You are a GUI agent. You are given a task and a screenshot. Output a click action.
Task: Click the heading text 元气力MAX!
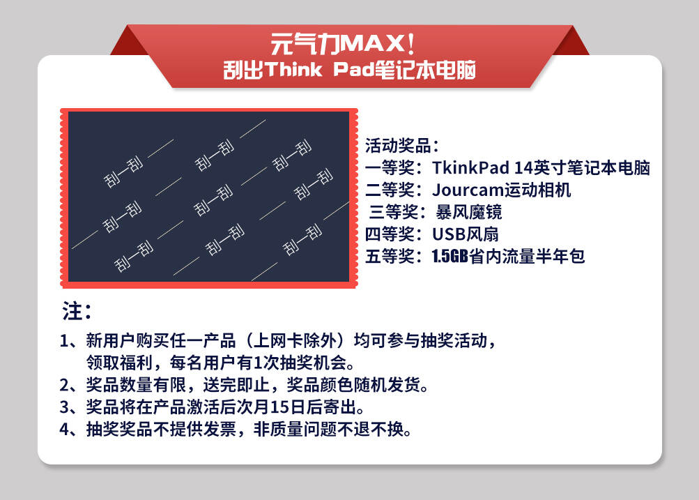tap(342, 44)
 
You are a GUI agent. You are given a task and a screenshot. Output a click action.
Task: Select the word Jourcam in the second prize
tap(468, 190)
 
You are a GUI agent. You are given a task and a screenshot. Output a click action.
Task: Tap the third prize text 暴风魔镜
tap(468, 212)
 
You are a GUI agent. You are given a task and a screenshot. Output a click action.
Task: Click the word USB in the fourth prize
tap(449, 234)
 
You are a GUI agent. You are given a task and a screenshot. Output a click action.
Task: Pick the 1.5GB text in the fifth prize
tap(450, 256)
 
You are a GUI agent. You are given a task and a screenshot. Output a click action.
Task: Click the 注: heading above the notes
tap(77, 311)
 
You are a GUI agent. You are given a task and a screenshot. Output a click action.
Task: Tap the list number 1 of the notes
tap(64, 341)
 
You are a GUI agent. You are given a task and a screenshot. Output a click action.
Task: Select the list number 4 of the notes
tap(65, 430)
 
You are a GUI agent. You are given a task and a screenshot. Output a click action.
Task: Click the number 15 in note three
tap(280, 407)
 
